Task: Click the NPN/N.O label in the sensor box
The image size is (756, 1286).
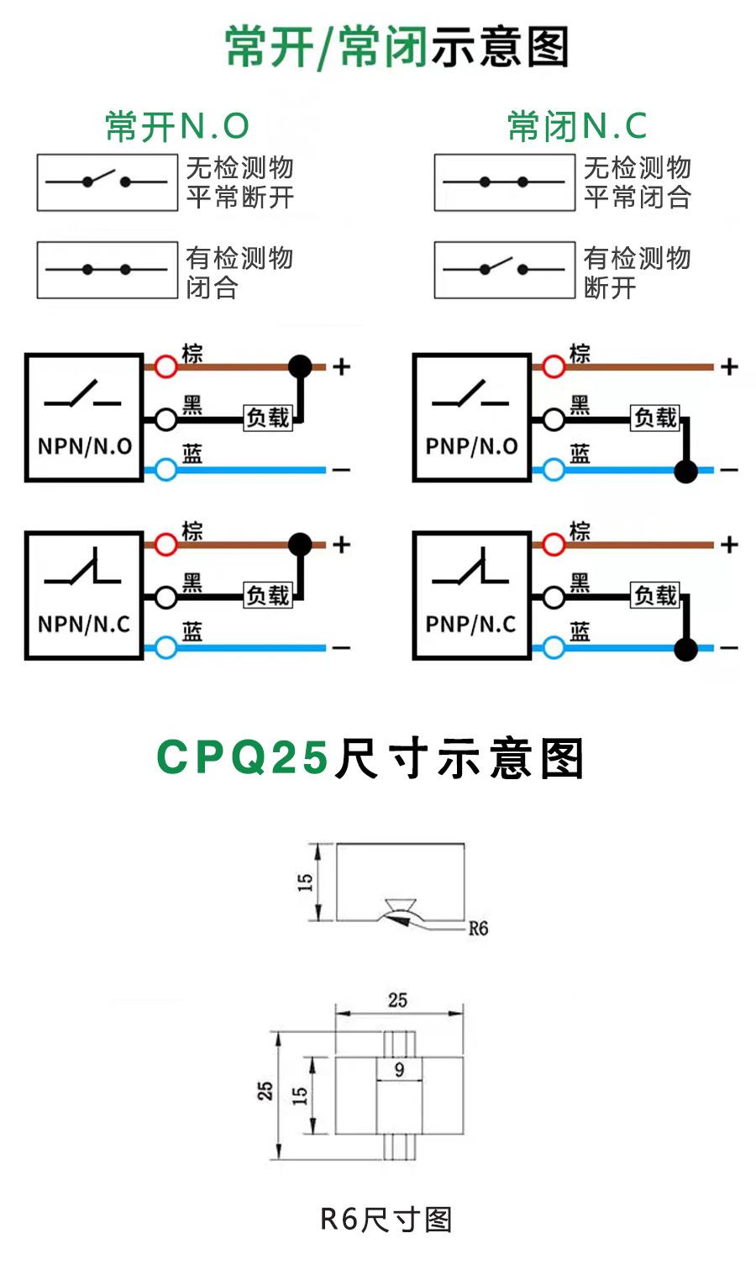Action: click(85, 446)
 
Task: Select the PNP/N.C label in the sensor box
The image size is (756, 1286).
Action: click(471, 624)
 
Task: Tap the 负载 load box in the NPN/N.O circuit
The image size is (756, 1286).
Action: click(268, 418)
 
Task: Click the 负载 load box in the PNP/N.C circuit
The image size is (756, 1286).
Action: click(655, 595)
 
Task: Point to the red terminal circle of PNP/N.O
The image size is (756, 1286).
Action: click(554, 366)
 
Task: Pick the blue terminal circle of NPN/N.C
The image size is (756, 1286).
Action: click(165, 647)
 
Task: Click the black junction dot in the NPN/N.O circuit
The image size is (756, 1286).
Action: click(300, 366)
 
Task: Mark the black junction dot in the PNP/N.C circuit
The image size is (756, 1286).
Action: click(686, 649)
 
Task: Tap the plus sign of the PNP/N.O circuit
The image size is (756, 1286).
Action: click(729, 366)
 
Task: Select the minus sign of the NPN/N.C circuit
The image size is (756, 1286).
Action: click(341, 648)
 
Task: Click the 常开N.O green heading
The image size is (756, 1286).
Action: click(177, 126)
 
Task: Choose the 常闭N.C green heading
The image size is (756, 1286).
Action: click(578, 126)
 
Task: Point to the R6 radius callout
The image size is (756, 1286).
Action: click(478, 928)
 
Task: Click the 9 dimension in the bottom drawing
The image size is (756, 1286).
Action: click(399, 1069)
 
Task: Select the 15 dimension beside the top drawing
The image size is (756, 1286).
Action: click(305, 882)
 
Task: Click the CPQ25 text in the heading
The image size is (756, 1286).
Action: click(243, 757)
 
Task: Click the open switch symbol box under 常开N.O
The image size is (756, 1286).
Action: click(108, 182)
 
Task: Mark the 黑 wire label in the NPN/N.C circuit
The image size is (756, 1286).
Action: click(192, 582)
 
